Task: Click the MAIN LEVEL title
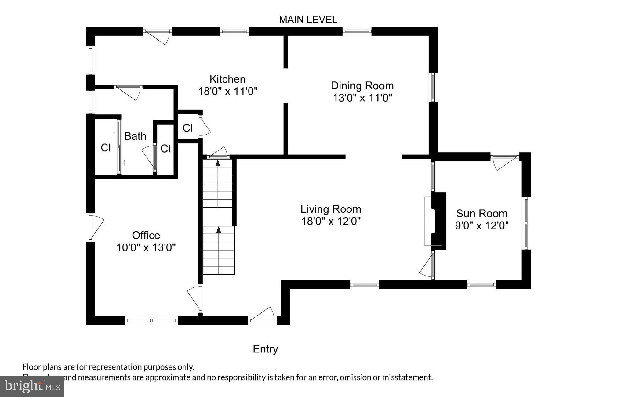tap(308, 20)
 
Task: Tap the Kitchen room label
tap(227, 79)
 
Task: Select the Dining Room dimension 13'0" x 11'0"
tap(362, 98)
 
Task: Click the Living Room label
tap(331, 209)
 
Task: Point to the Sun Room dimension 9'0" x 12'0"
tap(481, 226)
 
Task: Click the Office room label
tap(146, 235)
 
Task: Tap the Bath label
tap(135, 136)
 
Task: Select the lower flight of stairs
tap(219, 250)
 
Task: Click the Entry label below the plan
tap(265, 349)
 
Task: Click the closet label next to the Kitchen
tap(187, 128)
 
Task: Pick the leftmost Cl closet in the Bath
tap(106, 148)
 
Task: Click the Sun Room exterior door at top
tap(504, 162)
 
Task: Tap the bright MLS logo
tap(32, 386)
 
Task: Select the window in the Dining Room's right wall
tap(433, 87)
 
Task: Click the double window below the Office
tap(151, 320)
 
